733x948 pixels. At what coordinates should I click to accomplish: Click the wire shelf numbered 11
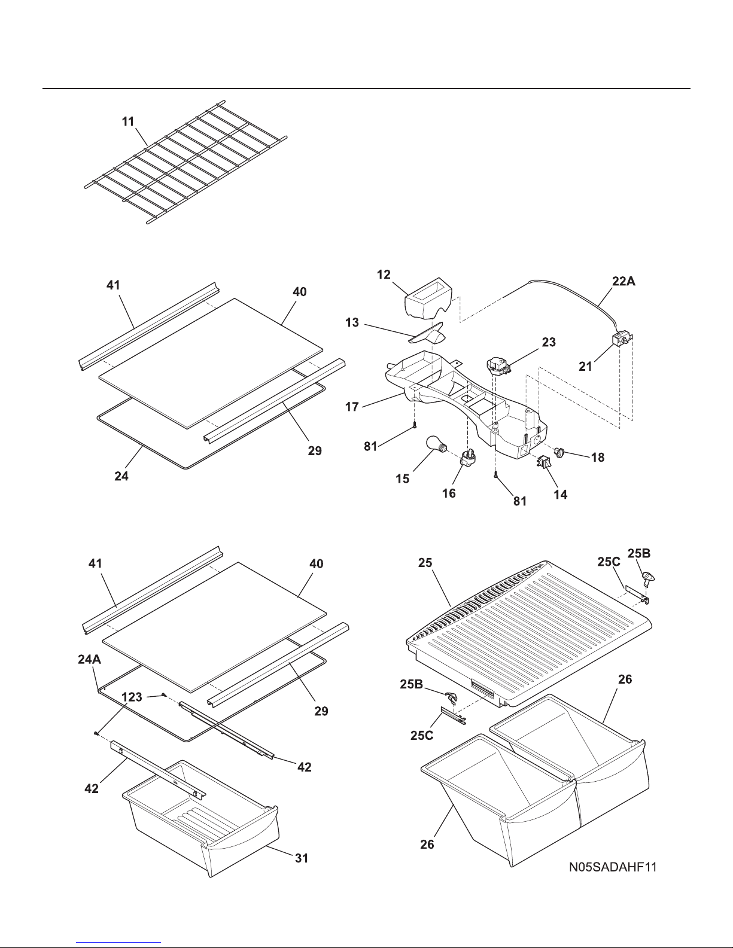click(185, 162)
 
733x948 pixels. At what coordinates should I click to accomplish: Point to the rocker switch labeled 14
click(544, 462)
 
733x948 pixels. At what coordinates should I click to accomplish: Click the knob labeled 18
click(560, 452)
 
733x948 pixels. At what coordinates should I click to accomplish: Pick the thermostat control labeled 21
click(620, 339)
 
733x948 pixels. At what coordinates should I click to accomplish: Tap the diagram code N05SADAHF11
click(613, 867)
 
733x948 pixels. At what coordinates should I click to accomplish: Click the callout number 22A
click(623, 281)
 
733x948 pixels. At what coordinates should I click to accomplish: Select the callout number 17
click(352, 407)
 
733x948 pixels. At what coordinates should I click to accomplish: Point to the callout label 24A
click(89, 659)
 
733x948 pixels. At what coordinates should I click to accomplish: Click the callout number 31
click(302, 858)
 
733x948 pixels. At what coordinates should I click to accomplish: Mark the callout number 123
click(132, 697)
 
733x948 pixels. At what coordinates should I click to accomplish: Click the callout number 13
click(352, 322)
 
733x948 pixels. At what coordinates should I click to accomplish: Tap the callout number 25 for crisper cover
click(425, 563)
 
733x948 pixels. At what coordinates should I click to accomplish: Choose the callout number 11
click(128, 121)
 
